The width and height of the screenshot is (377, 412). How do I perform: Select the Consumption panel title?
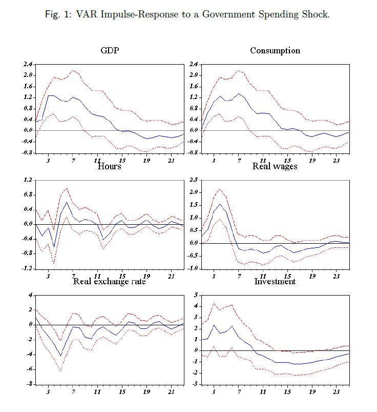[275, 50]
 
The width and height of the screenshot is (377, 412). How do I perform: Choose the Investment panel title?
[275, 281]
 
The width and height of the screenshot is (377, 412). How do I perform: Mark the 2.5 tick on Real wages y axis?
[193, 180]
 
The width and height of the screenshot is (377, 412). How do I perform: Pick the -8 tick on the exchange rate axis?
[29, 384]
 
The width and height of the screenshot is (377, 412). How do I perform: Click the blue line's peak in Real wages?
[220, 204]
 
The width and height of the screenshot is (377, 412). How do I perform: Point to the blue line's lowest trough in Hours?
[54, 247]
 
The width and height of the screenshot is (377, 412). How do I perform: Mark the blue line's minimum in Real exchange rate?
[60, 356]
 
